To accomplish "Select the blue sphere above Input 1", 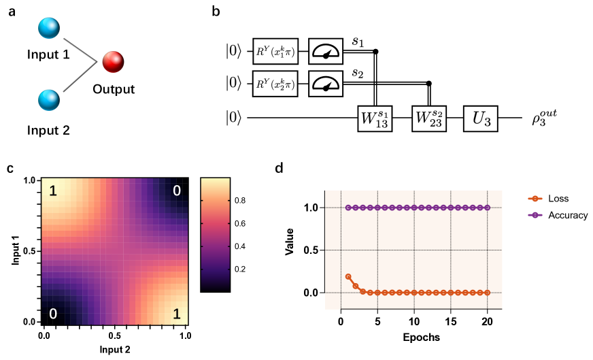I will (x=49, y=29).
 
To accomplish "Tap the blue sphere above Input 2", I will (x=49, y=101).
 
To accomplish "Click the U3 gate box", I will (x=481, y=118).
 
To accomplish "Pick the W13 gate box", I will (x=375, y=118).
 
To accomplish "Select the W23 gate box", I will (x=429, y=118).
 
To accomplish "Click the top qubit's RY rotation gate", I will (x=275, y=51).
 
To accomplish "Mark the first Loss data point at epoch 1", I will (x=348, y=277).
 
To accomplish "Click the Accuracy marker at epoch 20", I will (x=488, y=208).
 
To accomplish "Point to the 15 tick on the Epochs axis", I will (x=451, y=321).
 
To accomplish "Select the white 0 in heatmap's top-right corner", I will (x=176, y=191).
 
